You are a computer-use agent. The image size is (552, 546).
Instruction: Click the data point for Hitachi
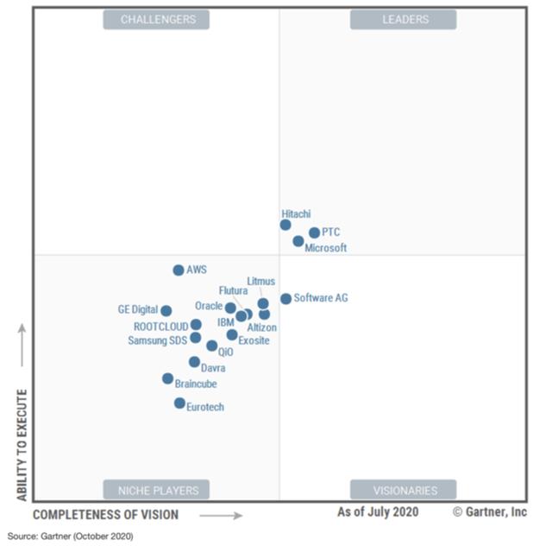285,225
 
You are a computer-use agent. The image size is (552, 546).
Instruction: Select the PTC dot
314,232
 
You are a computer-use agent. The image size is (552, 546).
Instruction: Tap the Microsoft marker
298,241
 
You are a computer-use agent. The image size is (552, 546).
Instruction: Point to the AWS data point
179,270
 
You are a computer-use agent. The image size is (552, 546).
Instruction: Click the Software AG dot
285,299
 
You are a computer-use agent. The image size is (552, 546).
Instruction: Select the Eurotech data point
179,403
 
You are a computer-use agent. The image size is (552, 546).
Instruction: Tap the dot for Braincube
168,378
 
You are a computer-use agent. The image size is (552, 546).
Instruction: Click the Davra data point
195,362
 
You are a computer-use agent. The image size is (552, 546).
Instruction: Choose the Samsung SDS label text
158,340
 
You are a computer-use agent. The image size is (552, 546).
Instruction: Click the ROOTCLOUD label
161,327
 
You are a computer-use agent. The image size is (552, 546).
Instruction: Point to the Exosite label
254,340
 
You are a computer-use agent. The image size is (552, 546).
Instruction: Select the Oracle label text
209,306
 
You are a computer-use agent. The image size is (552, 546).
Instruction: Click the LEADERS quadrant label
403,19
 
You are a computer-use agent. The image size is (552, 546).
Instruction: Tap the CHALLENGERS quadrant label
158,19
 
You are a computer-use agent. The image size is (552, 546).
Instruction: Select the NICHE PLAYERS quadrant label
158,490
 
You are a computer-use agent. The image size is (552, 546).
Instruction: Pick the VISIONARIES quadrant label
403,490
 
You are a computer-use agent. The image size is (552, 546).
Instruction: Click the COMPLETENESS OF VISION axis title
106,515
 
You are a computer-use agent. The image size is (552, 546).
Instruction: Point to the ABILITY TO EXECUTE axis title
22,445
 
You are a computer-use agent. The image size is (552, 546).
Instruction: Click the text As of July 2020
378,511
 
